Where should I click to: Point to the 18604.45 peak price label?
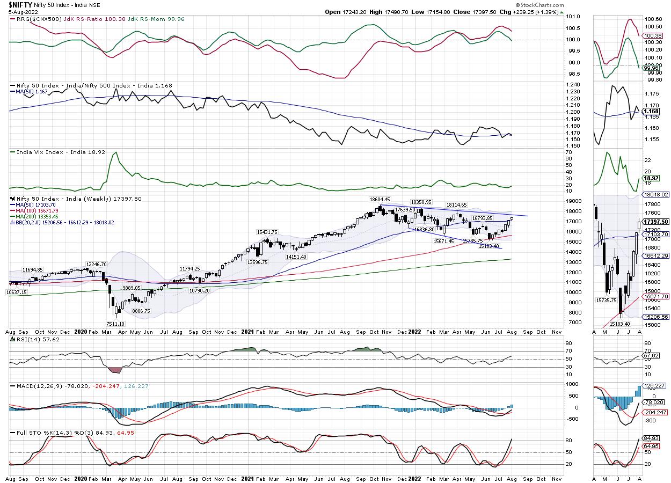380,199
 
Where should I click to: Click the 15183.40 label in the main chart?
488,246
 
